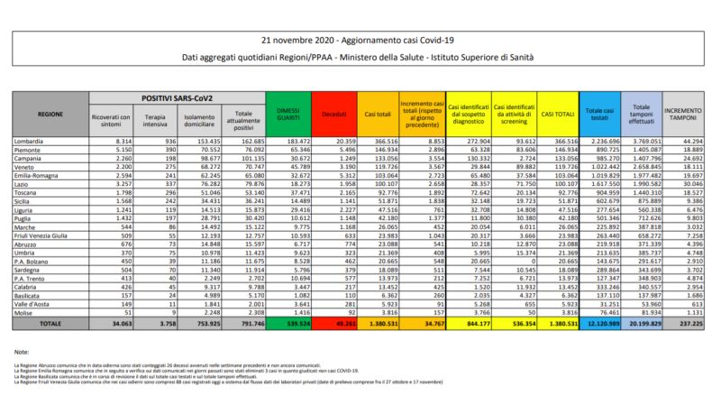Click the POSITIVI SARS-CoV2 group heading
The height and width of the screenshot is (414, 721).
[x=174, y=97]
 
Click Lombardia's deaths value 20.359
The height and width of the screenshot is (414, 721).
[x=333, y=143]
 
